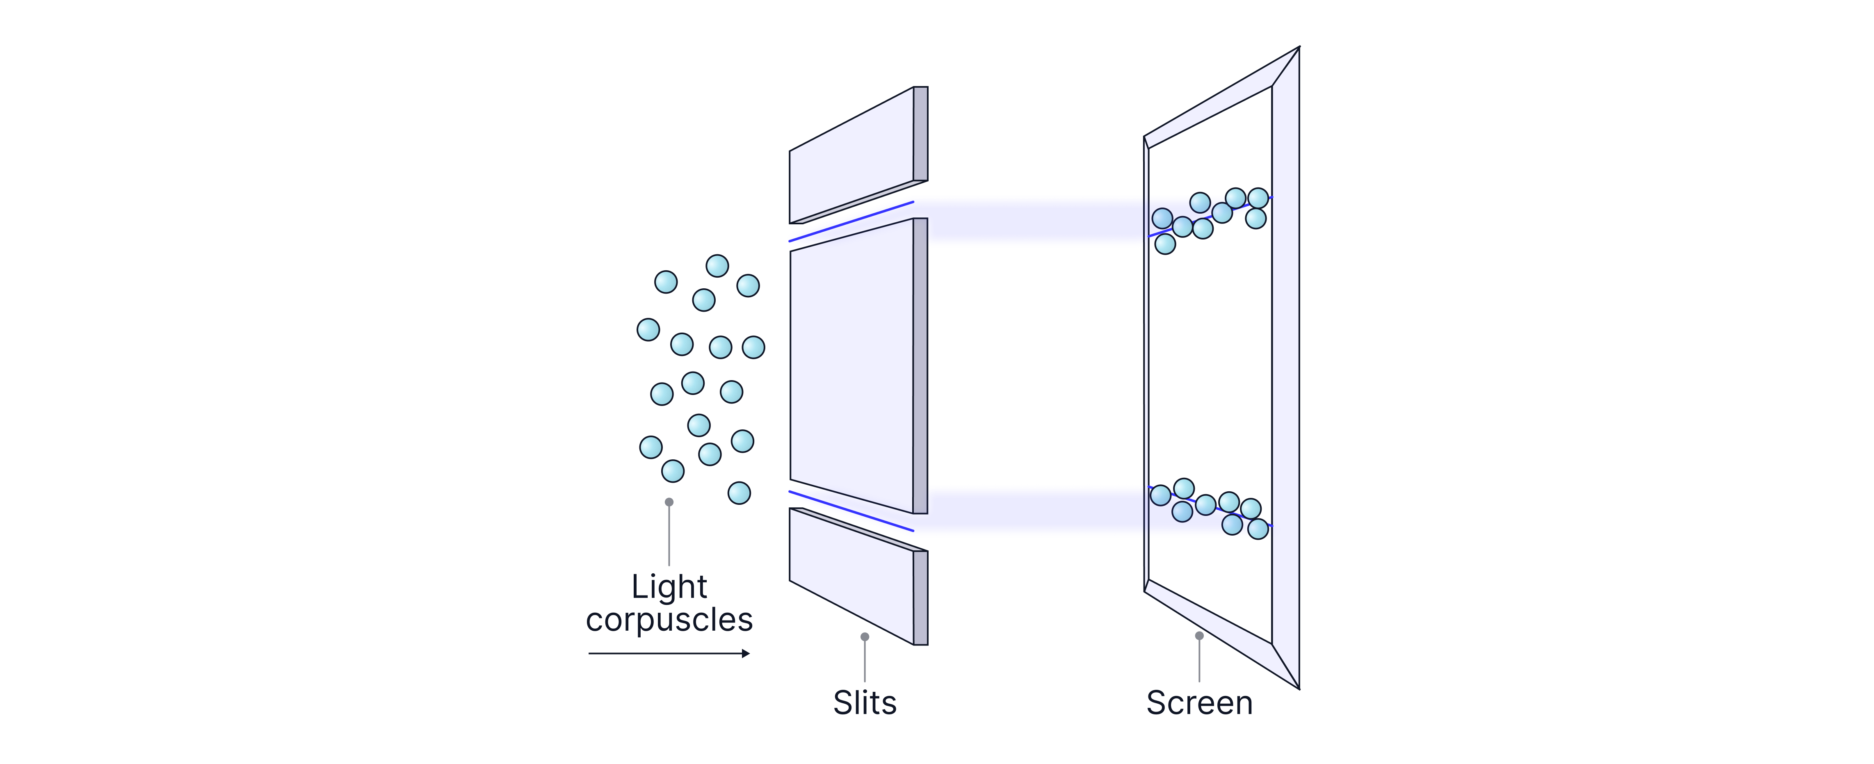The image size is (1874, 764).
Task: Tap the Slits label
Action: click(864, 703)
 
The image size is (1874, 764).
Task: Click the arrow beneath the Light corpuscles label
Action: click(669, 653)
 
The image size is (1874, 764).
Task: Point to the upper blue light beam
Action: click(1033, 221)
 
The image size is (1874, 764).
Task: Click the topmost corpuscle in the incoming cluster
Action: click(717, 266)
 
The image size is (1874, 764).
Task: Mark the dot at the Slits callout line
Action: click(864, 636)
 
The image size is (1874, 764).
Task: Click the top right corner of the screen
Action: click(1297, 50)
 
